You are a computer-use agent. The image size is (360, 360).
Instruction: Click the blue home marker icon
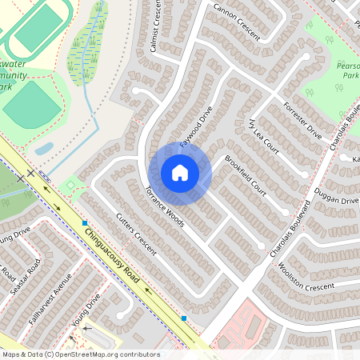click(180, 172)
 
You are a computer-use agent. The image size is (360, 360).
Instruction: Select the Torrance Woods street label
click(164, 207)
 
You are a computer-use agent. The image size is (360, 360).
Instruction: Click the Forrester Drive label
click(302, 121)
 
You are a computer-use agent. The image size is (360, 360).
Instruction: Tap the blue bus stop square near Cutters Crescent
click(84, 222)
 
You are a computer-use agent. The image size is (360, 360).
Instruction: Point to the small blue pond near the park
click(44, 149)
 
